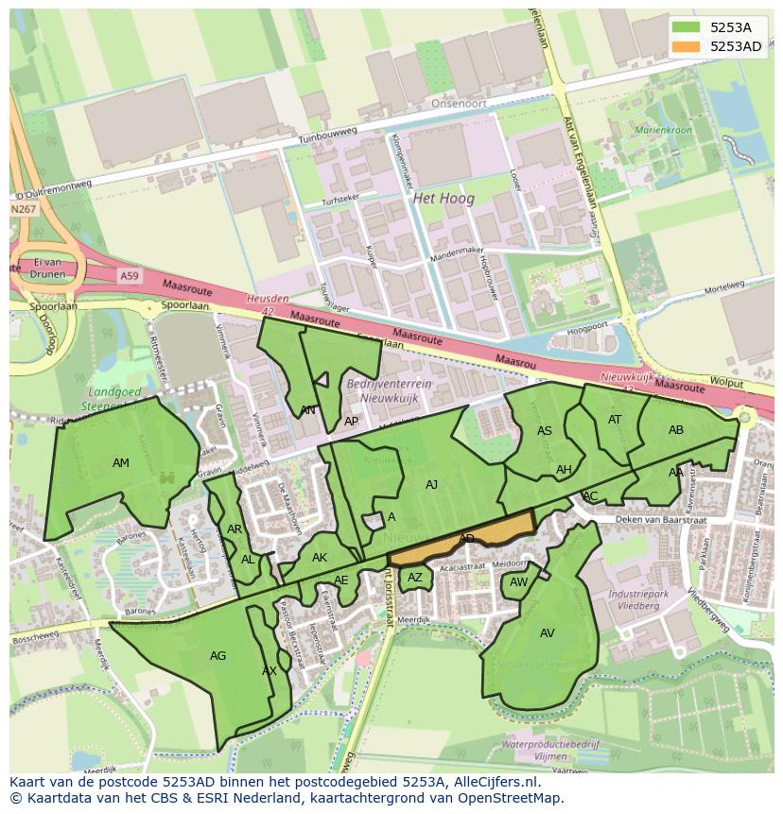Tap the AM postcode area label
[121, 463]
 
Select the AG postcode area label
[217, 655]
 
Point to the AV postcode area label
[548, 633]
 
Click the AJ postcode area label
[431, 485]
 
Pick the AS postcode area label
[545, 431]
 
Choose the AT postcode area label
[615, 420]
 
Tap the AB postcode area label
[676, 430]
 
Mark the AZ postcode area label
[415, 578]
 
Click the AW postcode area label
[518, 582]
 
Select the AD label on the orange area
[466, 539]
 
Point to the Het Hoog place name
[444, 199]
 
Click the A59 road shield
[130, 275]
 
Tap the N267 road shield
[23, 209]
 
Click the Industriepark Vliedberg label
[634, 600]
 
